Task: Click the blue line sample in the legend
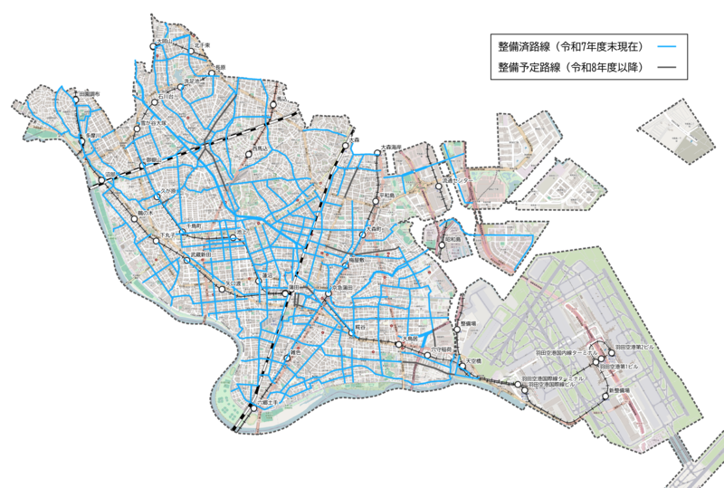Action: pos(666,46)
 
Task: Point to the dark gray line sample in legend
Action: pos(666,68)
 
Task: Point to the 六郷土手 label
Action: pos(269,401)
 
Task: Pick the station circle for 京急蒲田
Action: pos(328,294)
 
